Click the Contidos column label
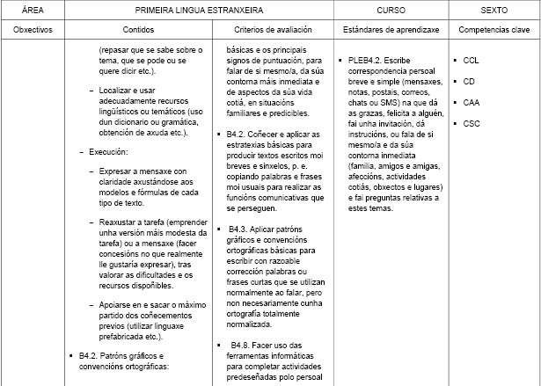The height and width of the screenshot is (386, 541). (142, 30)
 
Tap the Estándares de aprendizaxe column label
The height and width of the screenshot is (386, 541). (391, 30)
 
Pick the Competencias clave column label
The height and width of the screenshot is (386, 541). (493, 30)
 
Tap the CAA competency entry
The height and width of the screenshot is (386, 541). (471, 103)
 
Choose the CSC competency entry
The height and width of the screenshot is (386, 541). (471, 124)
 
